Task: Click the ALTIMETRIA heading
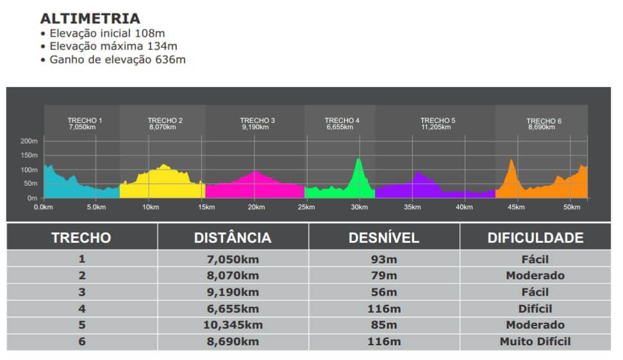tap(90, 19)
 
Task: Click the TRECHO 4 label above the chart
tap(342, 120)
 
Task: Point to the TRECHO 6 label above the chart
tap(544, 121)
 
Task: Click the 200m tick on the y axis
tap(29, 141)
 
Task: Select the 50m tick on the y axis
tap(31, 184)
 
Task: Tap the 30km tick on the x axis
tap(359, 207)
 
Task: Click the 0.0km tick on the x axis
tap(43, 207)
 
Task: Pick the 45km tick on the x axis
tap(516, 207)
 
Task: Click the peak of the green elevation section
tap(358, 160)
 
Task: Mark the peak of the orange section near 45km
tap(511, 160)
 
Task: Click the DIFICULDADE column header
tap(535, 238)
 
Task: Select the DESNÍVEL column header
tap(383, 238)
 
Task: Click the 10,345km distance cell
tap(233, 325)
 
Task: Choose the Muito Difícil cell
tap(535, 341)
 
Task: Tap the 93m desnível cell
tap(383, 259)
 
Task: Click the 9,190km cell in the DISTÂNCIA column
tap(233, 292)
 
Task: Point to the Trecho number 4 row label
tap(81, 309)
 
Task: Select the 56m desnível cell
tap(383, 292)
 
